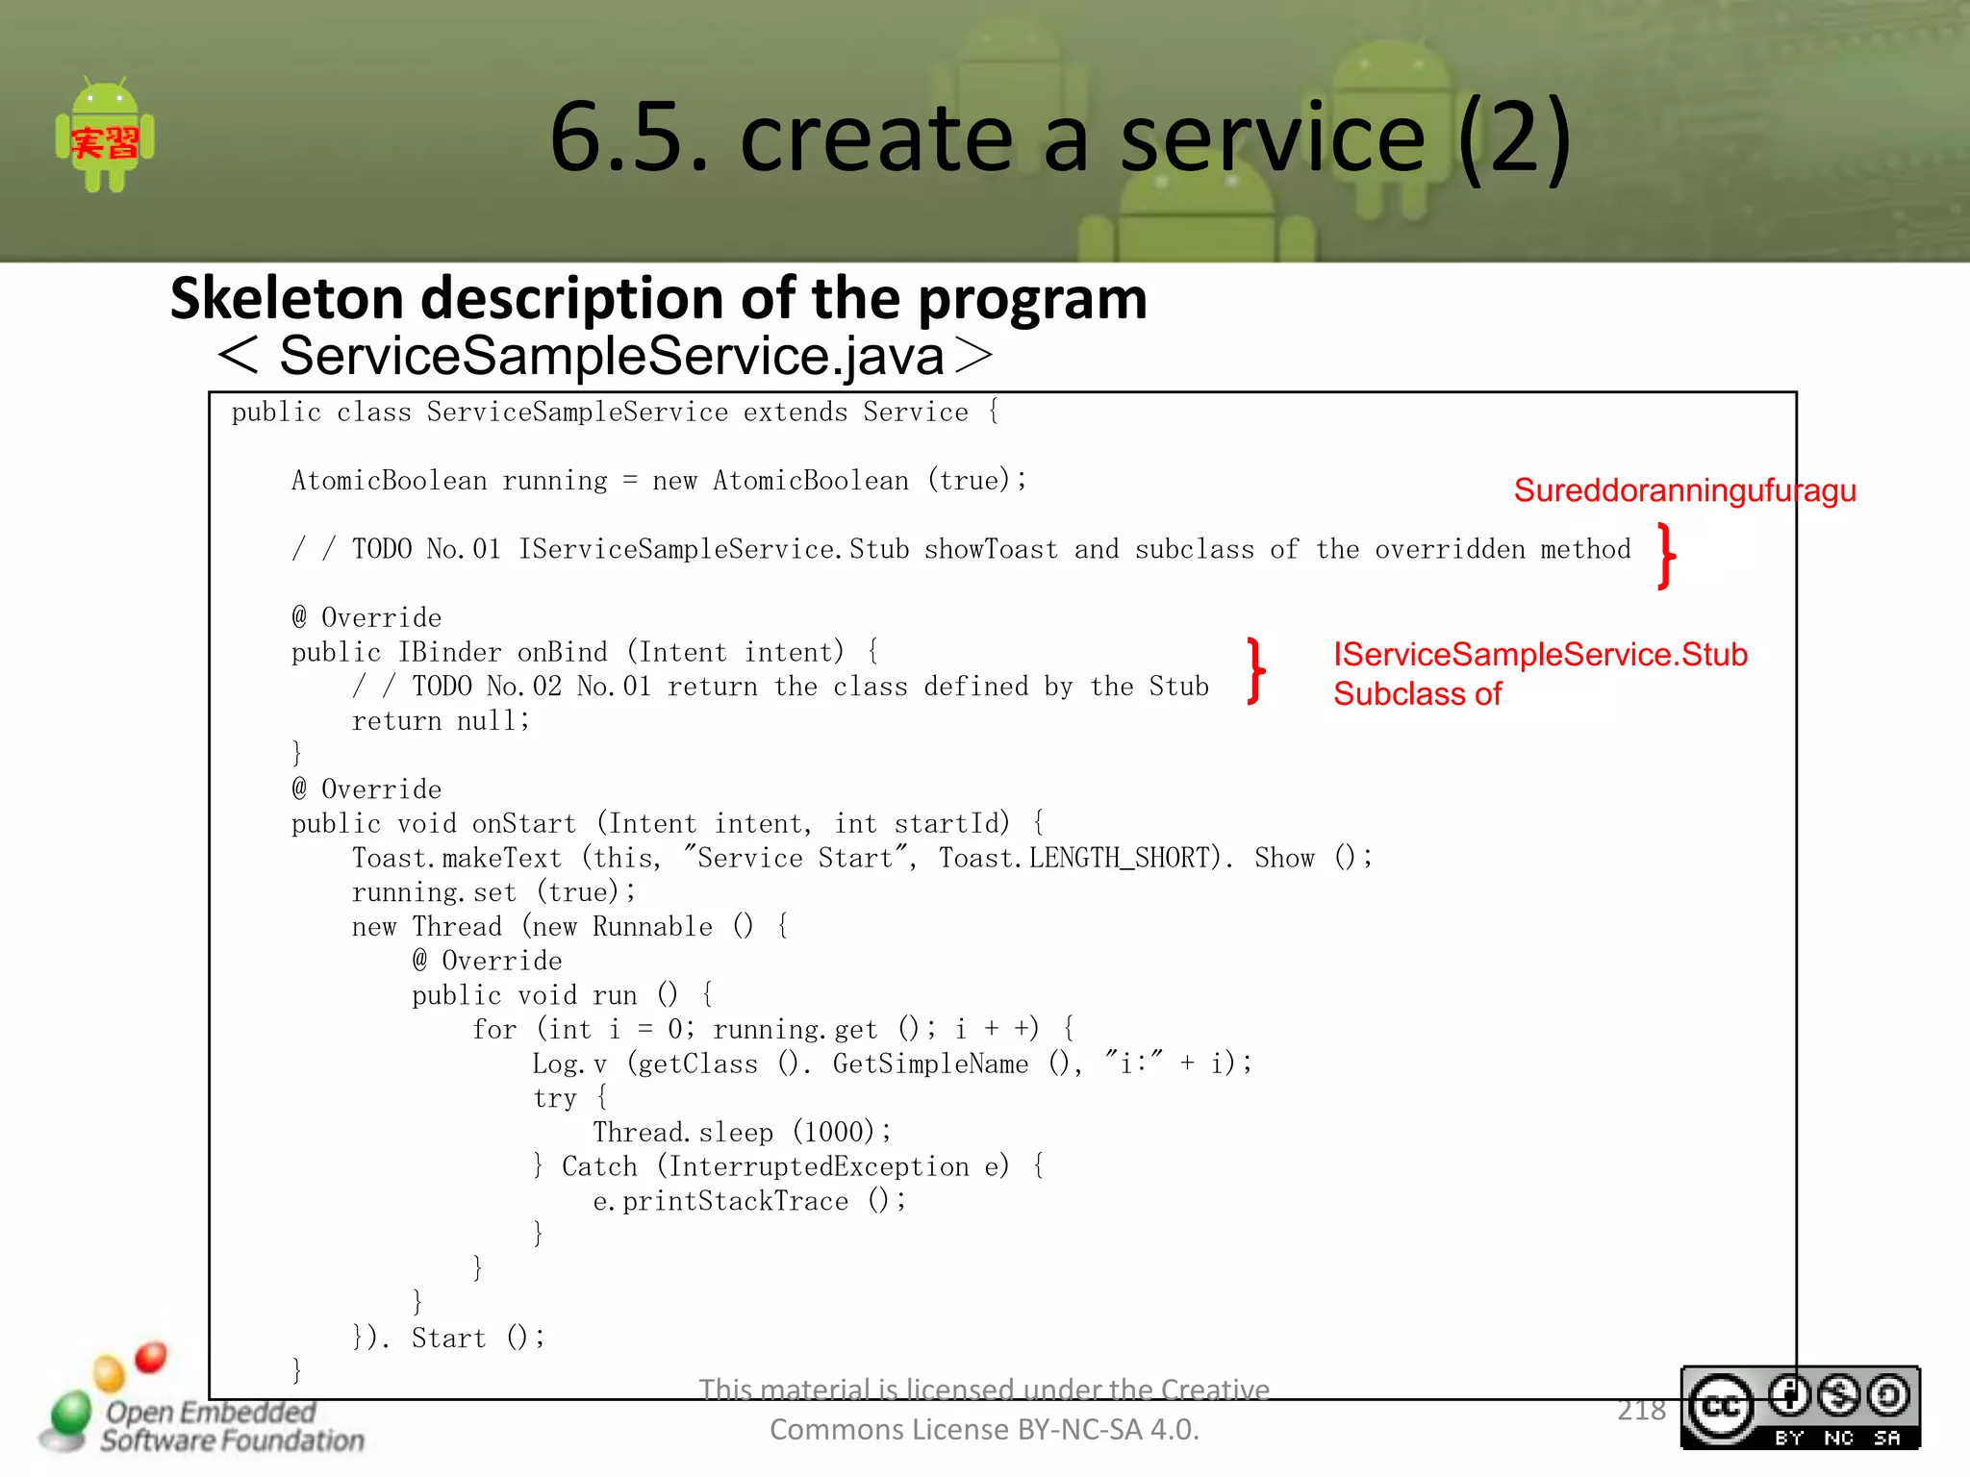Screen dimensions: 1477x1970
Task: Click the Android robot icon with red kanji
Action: click(105, 137)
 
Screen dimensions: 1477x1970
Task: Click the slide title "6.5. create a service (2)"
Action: click(1059, 138)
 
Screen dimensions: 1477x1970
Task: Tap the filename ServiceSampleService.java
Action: click(611, 356)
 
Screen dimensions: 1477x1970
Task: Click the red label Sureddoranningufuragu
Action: click(1683, 490)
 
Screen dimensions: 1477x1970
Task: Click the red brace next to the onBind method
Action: click(1256, 670)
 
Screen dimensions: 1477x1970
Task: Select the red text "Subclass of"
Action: click(1416, 694)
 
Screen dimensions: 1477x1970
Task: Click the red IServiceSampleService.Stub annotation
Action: click(1539, 654)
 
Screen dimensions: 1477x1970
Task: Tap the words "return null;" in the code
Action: click(441, 721)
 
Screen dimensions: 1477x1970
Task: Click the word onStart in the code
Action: click(523, 824)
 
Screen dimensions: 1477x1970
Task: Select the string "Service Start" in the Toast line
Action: click(795, 858)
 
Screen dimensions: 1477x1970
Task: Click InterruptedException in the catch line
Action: click(819, 1167)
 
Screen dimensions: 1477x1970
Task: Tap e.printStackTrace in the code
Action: click(720, 1201)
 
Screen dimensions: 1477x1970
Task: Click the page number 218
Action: click(1641, 1410)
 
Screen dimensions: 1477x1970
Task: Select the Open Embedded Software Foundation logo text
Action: click(231, 1426)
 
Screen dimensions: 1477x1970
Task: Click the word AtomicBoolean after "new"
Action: click(810, 481)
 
